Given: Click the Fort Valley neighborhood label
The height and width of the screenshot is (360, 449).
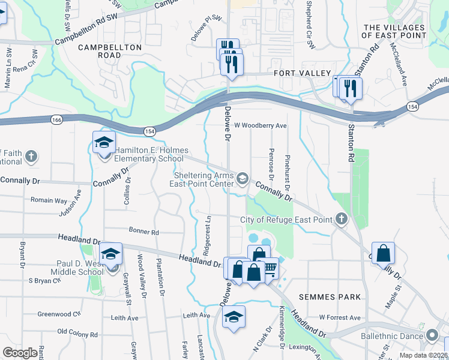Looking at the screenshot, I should pyautogui.click(x=302, y=73).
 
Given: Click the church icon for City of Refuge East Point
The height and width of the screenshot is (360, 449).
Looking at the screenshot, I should pyautogui.click(x=342, y=219).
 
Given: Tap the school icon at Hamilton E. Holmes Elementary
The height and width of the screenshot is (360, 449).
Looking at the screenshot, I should pyautogui.click(x=104, y=143).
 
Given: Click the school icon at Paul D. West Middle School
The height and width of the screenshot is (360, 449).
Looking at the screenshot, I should pyautogui.click(x=111, y=254).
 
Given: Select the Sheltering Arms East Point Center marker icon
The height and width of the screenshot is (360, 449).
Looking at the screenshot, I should pyautogui.click(x=243, y=178).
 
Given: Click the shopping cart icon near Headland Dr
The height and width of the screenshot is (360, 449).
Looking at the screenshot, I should pyautogui.click(x=270, y=268).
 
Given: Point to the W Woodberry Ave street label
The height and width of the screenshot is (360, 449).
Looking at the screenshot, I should pyautogui.click(x=261, y=126).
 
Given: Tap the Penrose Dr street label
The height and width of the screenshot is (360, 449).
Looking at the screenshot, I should pyautogui.click(x=271, y=164).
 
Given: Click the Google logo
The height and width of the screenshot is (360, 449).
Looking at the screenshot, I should pyautogui.click(x=20, y=353).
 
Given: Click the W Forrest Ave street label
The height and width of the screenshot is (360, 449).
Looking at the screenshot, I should pyautogui.click(x=340, y=317).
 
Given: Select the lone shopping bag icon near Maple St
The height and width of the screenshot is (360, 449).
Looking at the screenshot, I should pyautogui.click(x=383, y=253).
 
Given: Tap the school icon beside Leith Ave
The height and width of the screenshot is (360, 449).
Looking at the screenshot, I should pyautogui.click(x=234, y=316).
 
